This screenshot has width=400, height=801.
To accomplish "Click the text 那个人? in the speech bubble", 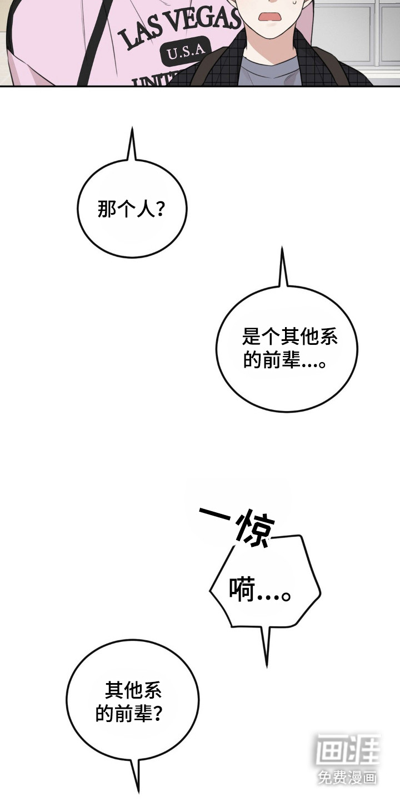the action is click(131, 209).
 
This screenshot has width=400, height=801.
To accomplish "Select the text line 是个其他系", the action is click(289, 337).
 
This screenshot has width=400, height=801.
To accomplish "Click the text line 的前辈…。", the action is click(284, 360).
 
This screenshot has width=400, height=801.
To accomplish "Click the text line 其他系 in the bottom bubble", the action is click(133, 690).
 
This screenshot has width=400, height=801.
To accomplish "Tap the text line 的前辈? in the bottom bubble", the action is click(129, 713).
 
